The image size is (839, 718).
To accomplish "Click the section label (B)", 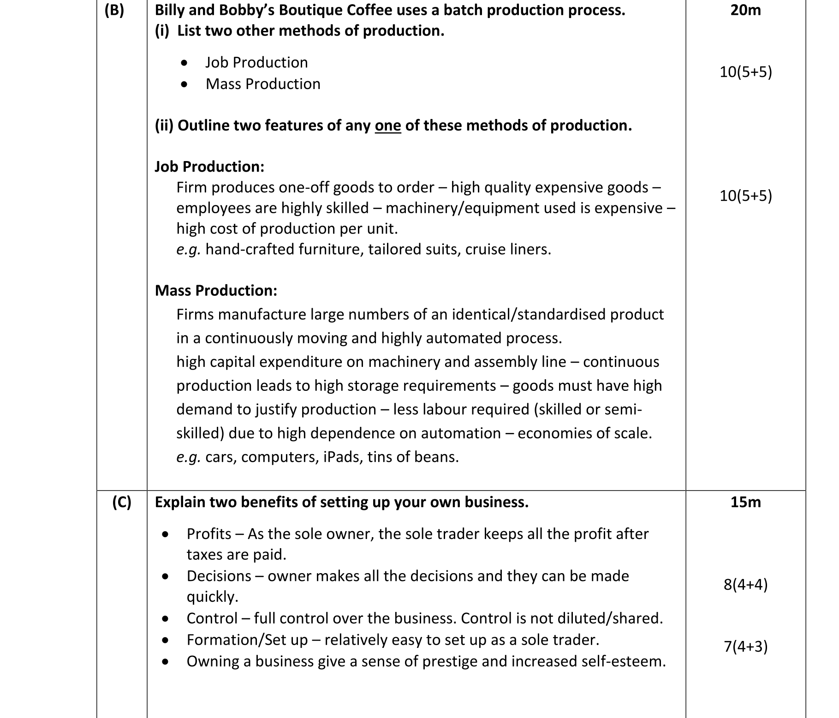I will pos(114,10).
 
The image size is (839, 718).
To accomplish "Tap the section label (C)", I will pos(122,502).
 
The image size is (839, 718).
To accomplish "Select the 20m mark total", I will pos(745,10).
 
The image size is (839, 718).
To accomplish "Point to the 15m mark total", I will pos(745,502).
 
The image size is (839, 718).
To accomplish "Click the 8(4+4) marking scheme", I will pos(745,585).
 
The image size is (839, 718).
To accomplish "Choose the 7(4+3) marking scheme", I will pos(745,646).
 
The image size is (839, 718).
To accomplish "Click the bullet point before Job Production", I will pos(184,63).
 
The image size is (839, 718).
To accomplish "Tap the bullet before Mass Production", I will pos(184,84).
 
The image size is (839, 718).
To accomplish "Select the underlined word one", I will pos(388,126).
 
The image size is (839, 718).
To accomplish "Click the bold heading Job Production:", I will pos(209,167).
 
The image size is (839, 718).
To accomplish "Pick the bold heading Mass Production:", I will pos(216,291).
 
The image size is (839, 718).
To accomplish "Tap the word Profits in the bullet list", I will pos(209,534).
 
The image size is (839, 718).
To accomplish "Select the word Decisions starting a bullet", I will pos(219,576).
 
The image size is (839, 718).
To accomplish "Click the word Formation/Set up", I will pos(247,640).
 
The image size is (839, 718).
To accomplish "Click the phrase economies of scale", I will pos(584,433).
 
